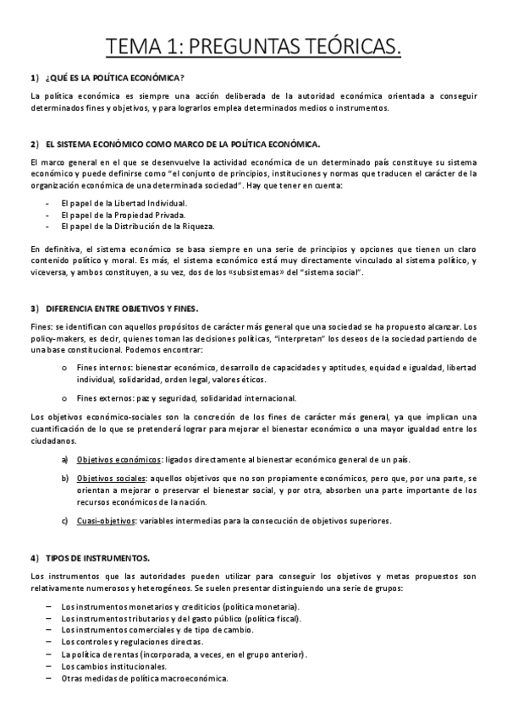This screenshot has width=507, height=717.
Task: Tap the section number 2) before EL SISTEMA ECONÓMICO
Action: coord(34,145)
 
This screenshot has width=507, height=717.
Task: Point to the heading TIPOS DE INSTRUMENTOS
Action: coord(98,559)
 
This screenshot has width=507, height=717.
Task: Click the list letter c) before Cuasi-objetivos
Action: coord(65,521)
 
